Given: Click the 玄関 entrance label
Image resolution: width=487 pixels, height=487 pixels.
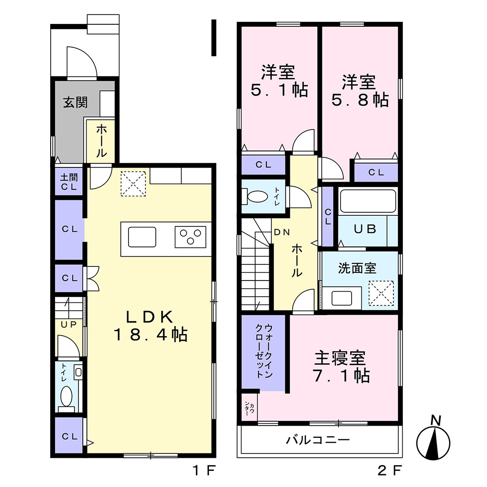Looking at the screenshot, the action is [x=75, y=102].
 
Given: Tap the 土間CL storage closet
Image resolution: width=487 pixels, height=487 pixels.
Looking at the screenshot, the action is [x=69, y=182].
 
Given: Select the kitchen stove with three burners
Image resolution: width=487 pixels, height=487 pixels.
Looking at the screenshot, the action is [x=190, y=237].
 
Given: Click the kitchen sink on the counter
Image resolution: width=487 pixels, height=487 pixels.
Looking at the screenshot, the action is [x=142, y=237].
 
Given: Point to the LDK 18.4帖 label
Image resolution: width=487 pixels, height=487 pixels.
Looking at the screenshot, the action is [x=150, y=326].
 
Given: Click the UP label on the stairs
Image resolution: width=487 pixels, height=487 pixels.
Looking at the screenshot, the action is [x=69, y=324].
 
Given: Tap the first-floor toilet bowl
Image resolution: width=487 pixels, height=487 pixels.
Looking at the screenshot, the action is [x=66, y=396].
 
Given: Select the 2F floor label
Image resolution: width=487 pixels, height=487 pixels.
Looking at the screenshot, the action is [x=390, y=470].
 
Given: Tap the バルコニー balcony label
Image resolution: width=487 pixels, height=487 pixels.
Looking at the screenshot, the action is [x=318, y=440].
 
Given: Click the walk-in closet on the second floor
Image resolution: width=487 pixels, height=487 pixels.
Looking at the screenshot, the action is [x=263, y=353].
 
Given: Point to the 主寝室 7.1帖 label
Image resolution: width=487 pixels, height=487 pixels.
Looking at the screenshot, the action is [x=341, y=367].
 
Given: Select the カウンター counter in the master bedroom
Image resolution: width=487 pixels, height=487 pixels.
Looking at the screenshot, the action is [x=249, y=407].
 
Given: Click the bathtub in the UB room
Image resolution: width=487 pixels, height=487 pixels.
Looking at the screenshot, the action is [x=368, y=201].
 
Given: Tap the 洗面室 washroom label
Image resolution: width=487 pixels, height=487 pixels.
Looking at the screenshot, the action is [x=357, y=268].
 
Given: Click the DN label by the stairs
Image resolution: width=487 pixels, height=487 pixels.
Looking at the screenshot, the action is [x=282, y=232].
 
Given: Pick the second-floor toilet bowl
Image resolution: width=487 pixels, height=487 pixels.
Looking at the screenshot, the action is [x=258, y=197].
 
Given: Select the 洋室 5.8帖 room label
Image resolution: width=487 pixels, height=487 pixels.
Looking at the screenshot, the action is [x=360, y=91].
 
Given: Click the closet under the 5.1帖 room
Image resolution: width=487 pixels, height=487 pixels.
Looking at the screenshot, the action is [x=263, y=165].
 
